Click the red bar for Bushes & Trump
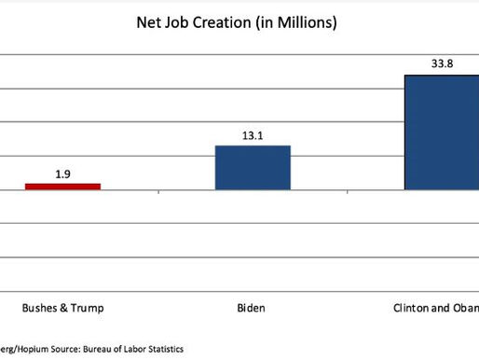tap(62, 187)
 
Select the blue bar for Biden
tap(253, 168)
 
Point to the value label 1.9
tap(62, 173)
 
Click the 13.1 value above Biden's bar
tap(253, 134)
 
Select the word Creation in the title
tap(229, 23)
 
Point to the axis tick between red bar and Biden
tap(158, 193)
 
